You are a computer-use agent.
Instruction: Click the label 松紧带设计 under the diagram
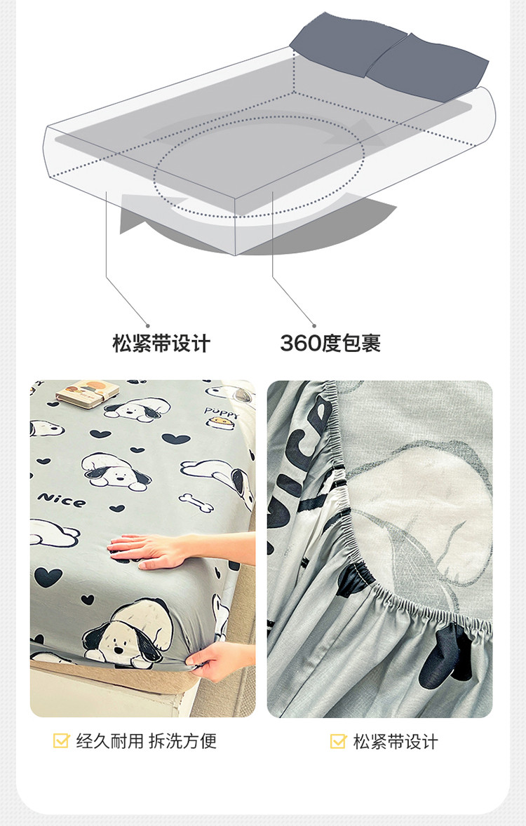pos(161,344)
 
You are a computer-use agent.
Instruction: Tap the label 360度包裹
pos(330,344)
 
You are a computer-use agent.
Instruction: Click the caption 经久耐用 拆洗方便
pos(147,741)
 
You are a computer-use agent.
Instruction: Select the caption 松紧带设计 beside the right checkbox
pos(396,742)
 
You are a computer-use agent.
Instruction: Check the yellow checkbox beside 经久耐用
pos(61,740)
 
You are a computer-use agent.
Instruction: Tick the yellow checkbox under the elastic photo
pos(338,741)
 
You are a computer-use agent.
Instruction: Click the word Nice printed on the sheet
pos(62,499)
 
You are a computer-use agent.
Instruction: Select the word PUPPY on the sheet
pos(222,412)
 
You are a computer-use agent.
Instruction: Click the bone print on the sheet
pos(196,502)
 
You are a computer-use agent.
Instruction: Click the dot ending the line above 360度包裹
pos(315,325)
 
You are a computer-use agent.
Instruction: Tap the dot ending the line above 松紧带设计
pos(148,325)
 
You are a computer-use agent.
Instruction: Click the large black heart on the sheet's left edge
pos(48,577)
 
